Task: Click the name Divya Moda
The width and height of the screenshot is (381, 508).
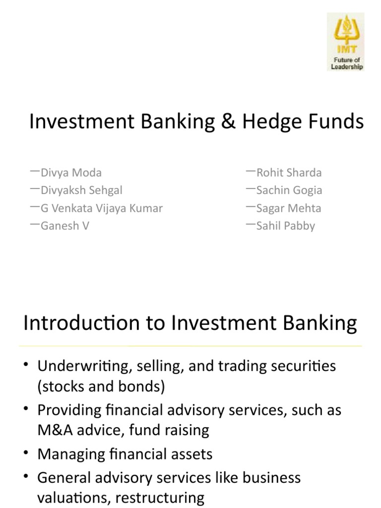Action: (x=71, y=173)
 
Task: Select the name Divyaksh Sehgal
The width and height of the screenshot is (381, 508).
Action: (x=82, y=190)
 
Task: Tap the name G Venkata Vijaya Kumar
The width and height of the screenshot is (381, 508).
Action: (x=102, y=208)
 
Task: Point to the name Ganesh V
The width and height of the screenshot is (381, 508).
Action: (x=65, y=226)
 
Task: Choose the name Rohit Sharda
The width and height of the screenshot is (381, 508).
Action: (x=289, y=173)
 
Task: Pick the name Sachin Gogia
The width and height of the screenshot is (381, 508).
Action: (x=289, y=190)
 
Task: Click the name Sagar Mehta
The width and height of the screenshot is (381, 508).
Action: (x=288, y=208)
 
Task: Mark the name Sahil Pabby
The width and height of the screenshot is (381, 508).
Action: (x=285, y=226)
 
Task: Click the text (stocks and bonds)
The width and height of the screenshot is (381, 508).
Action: (x=101, y=386)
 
